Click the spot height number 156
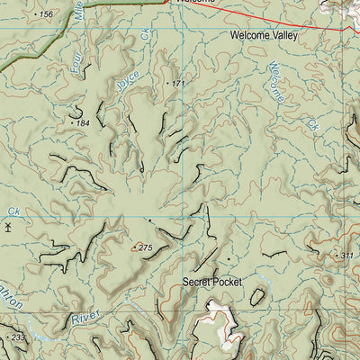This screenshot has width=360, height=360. (x=45, y=15)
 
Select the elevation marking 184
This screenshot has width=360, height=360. (x=82, y=122)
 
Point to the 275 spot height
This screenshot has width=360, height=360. (x=145, y=247)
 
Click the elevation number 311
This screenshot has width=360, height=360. (x=347, y=256)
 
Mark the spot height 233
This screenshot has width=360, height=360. (x=17, y=337)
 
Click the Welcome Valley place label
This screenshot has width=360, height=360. (x=263, y=37)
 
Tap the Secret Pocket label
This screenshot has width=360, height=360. (x=212, y=282)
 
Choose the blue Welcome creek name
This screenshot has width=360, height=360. (x=277, y=80)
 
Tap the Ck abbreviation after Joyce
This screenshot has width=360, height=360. (x=145, y=35)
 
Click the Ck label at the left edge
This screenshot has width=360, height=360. (x=13, y=211)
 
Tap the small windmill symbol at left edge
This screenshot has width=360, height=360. (x=7, y=228)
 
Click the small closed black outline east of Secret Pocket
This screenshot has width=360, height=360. (x=257, y=296)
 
